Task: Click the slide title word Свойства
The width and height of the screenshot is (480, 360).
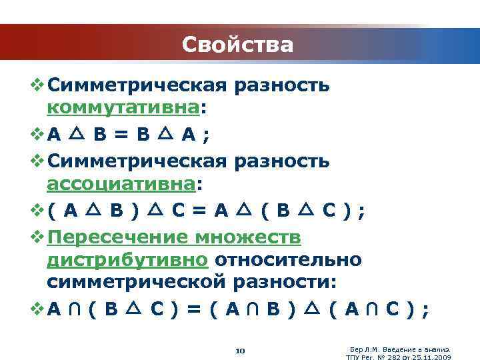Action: coord(237,45)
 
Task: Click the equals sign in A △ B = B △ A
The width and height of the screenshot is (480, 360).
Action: coord(120,135)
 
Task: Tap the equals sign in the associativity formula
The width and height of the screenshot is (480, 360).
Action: coord(197,211)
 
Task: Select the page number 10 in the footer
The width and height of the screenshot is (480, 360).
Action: coord(241,351)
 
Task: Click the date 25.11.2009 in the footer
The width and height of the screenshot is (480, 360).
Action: coord(433,356)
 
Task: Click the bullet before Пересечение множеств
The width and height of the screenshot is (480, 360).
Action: coord(36,238)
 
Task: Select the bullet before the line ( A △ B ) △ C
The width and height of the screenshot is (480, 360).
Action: coord(36,211)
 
